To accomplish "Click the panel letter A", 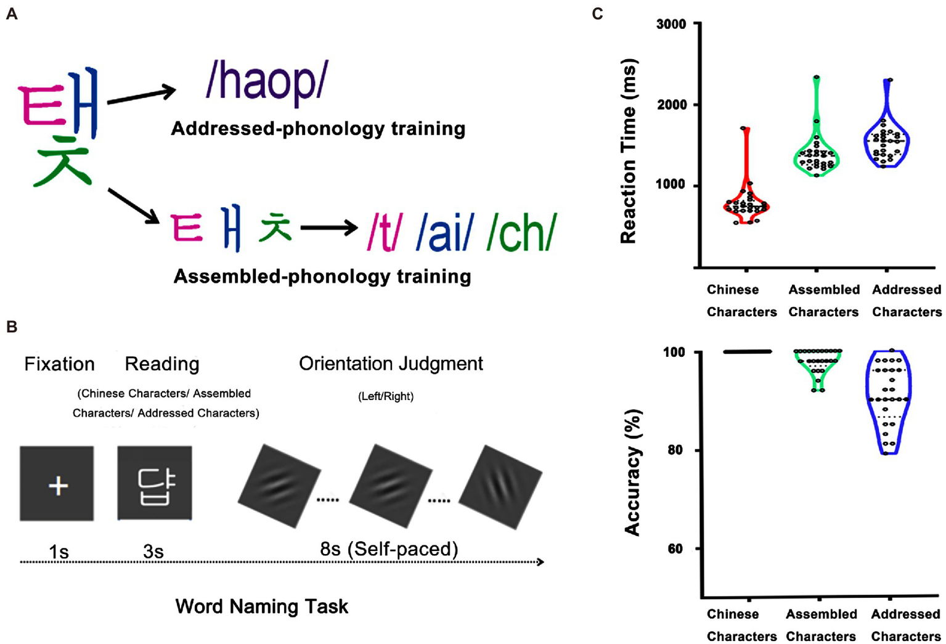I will (11, 14).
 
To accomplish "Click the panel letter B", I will (11, 327).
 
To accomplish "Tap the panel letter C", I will (597, 14).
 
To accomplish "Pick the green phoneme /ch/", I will (521, 232).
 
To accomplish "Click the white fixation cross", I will (58, 486).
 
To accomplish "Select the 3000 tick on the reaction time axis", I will (671, 25).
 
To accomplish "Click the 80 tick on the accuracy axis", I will (675, 450).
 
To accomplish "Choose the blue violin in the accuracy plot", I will (888, 401).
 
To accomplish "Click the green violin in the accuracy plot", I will (818, 367).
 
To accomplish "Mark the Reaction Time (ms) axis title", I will (628, 151).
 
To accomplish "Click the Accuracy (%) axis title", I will (632, 471).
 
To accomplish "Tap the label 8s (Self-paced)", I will (389, 548).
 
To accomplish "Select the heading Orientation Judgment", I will (391, 364).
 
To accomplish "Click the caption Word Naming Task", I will (262, 606).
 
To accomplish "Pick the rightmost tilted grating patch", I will (501, 487).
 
